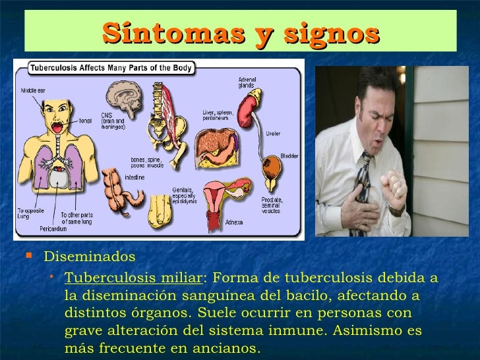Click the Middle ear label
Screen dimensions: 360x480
click(x=32, y=90)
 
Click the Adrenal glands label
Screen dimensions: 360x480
click(x=248, y=85)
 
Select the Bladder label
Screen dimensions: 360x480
click(x=290, y=156)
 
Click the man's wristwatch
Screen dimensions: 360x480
click(x=397, y=210)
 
